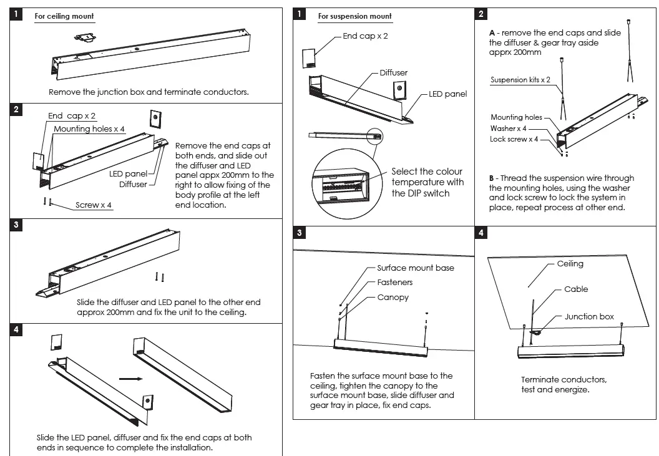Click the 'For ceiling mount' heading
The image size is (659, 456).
tap(65, 16)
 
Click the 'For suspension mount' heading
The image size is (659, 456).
tap(354, 16)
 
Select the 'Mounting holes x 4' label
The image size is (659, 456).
tap(89, 129)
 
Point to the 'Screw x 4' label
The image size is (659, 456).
tap(94, 205)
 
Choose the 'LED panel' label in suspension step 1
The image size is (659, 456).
tap(447, 94)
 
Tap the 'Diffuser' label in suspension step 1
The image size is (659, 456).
tap(393, 73)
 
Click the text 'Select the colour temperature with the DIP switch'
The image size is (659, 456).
tap(427, 182)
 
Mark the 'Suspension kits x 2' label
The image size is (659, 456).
tap(520, 80)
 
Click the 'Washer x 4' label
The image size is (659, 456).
tap(508, 129)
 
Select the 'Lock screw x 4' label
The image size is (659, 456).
tap(514, 139)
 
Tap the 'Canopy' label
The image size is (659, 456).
tap(393, 298)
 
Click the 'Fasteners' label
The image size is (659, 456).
tap(394, 283)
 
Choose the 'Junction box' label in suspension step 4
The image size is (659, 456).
tap(589, 317)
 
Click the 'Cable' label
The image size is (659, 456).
tap(576, 289)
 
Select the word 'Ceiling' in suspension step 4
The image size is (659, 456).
tap(570, 264)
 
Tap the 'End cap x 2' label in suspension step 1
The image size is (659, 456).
tap(365, 36)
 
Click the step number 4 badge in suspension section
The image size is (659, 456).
tap(481, 233)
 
